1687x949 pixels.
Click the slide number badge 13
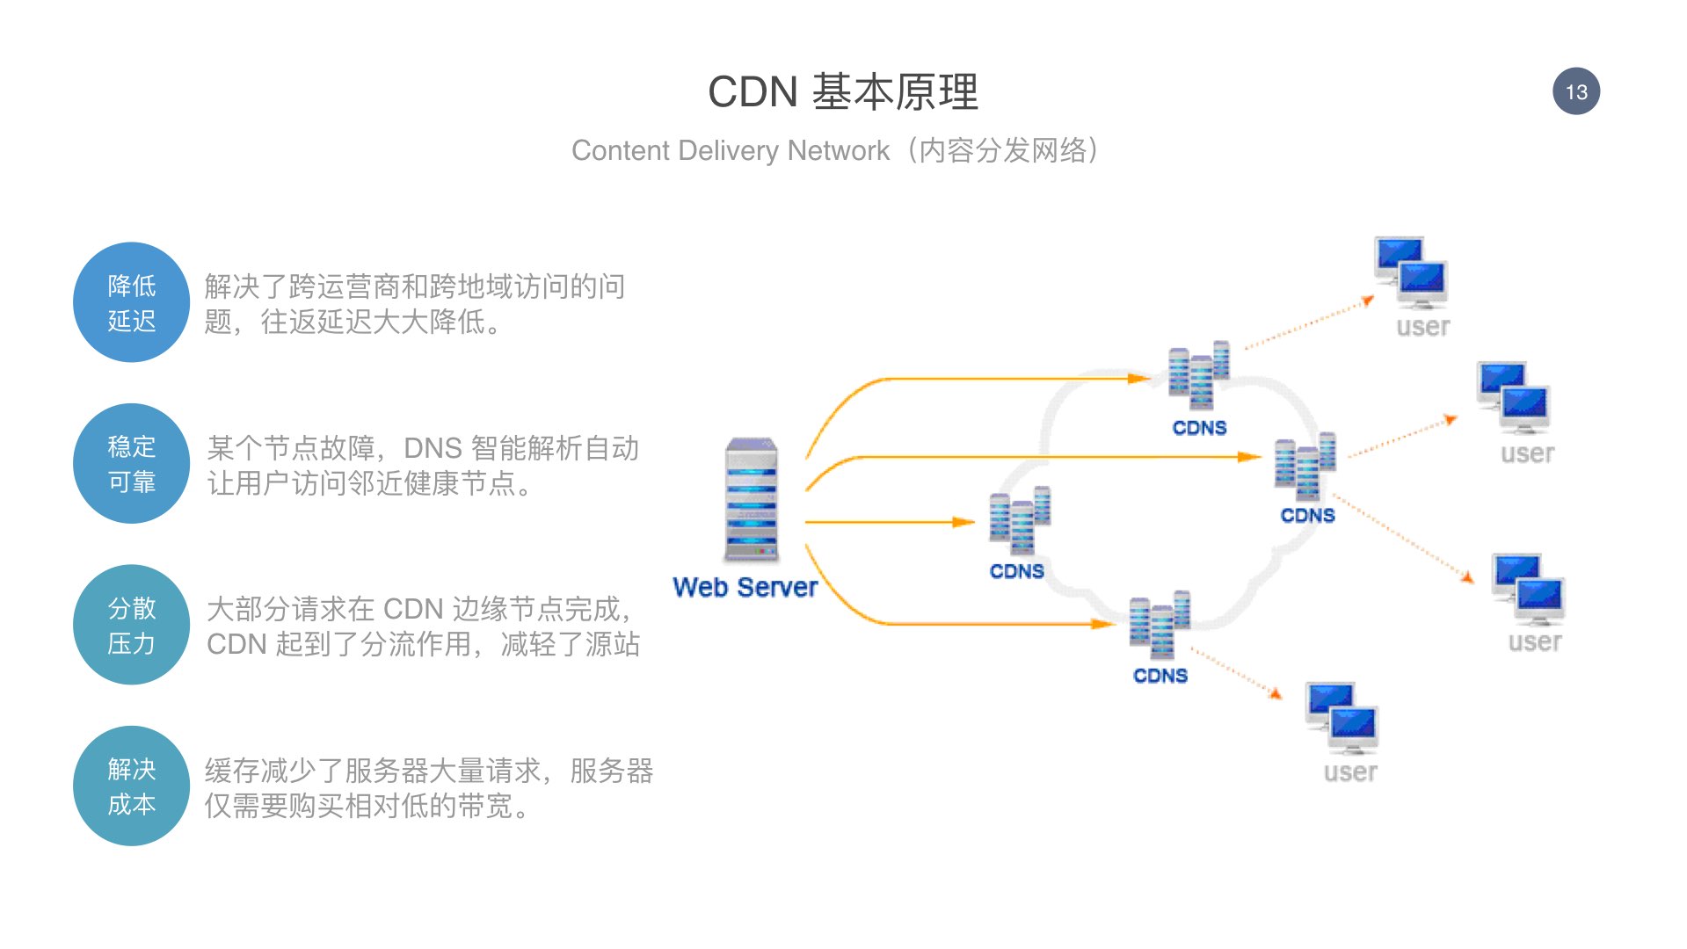pyautogui.click(x=1576, y=91)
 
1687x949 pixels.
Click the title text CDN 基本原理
pyautogui.click(x=843, y=91)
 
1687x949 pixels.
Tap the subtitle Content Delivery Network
pyautogui.click(x=731, y=150)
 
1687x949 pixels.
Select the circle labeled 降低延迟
pyautogui.click(x=132, y=302)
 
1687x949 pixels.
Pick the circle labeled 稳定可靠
pyautogui.click(x=132, y=463)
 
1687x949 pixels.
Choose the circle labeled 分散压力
pyautogui.click(x=132, y=625)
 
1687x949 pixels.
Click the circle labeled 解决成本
pyautogui.click(x=132, y=786)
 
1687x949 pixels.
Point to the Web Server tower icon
pyautogui.click(x=752, y=500)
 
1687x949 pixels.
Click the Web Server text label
pyautogui.click(x=745, y=587)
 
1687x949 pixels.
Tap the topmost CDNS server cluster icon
pyautogui.click(x=1198, y=375)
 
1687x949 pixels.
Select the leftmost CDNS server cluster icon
pyautogui.click(x=1020, y=520)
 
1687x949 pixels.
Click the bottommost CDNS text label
pyautogui.click(x=1160, y=676)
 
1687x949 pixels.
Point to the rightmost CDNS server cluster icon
pyautogui.click(x=1305, y=466)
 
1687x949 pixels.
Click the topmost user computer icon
pyautogui.click(x=1411, y=272)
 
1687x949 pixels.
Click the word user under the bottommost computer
pyautogui.click(x=1350, y=772)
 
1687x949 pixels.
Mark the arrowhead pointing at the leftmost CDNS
pyautogui.click(x=965, y=522)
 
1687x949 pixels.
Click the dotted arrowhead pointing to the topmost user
pyautogui.click(x=1369, y=301)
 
